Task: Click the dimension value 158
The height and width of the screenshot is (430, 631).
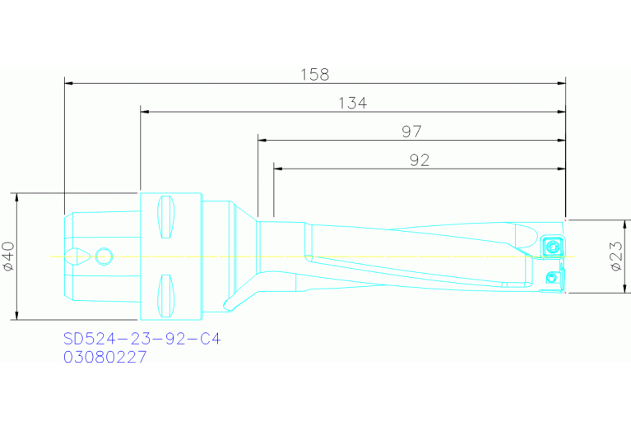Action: [x=315, y=75]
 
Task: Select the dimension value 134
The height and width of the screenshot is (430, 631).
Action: [x=352, y=103]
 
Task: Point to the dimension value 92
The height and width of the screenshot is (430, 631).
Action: [x=420, y=160]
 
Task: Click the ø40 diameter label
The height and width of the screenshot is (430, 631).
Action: [x=9, y=257]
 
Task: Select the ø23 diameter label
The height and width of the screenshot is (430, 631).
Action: [x=617, y=257]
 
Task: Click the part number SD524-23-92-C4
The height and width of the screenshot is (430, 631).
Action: [x=142, y=338]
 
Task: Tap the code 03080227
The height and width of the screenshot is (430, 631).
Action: [x=105, y=358]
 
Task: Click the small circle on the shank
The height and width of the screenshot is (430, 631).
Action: [x=104, y=257]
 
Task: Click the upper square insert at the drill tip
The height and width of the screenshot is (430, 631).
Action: [x=552, y=245]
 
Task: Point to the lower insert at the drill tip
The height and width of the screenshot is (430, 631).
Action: [x=554, y=277]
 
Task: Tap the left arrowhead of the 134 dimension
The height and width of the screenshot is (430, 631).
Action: [x=145, y=112]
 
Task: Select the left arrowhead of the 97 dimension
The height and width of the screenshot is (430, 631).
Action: [x=262, y=140]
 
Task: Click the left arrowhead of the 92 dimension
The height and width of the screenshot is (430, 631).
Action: [x=278, y=169]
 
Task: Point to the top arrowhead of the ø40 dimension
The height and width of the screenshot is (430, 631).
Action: [x=16, y=198]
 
